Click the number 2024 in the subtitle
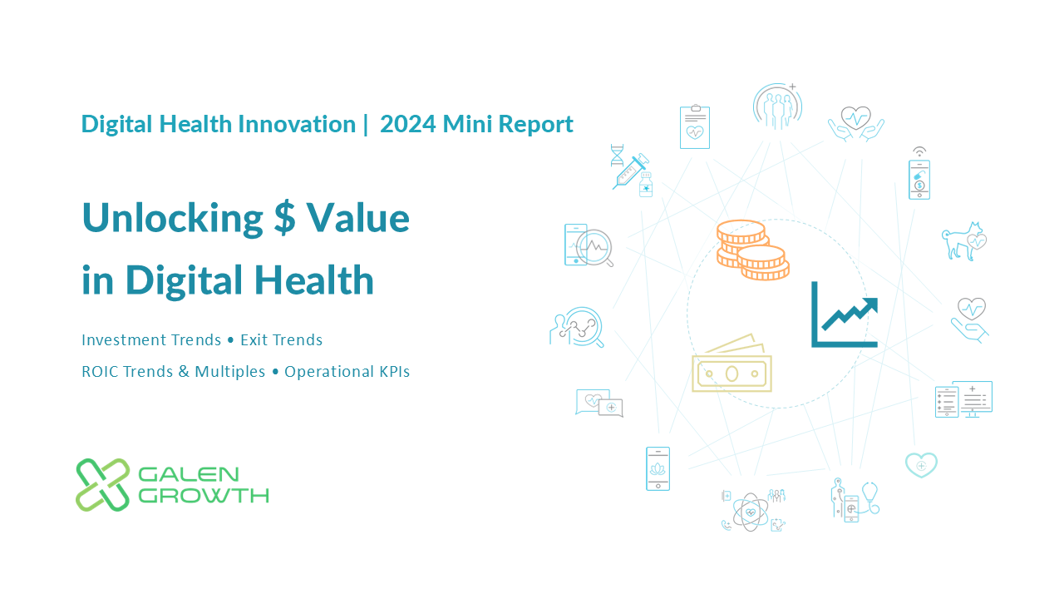tap(407, 125)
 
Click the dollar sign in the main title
tap(284, 218)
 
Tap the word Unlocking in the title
tap(172, 218)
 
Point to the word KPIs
tap(394, 372)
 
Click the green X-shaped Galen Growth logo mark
tap(102, 485)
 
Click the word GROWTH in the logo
tap(204, 496)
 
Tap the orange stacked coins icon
tap(753, 250)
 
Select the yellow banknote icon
tap(732, 364)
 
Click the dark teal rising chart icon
tap(845, 314)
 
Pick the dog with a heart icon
tap(963, 241)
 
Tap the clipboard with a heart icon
tap(694, 126)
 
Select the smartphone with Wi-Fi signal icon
tap(919, 174)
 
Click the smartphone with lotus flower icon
tap(658, 468)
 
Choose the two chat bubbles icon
tap(599, 403)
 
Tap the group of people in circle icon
tap(777, 106)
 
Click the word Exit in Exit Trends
tap(254, 340)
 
